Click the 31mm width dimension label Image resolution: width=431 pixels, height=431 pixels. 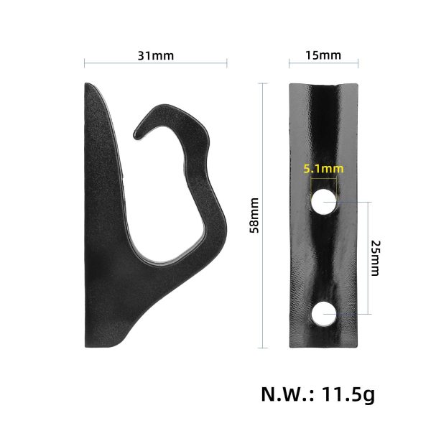[155, 55]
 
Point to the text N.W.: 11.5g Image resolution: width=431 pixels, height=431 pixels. [317, 394]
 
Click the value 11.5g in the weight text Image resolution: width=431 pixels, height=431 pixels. [350, 394]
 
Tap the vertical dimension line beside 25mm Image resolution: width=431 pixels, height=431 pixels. [369, 258]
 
